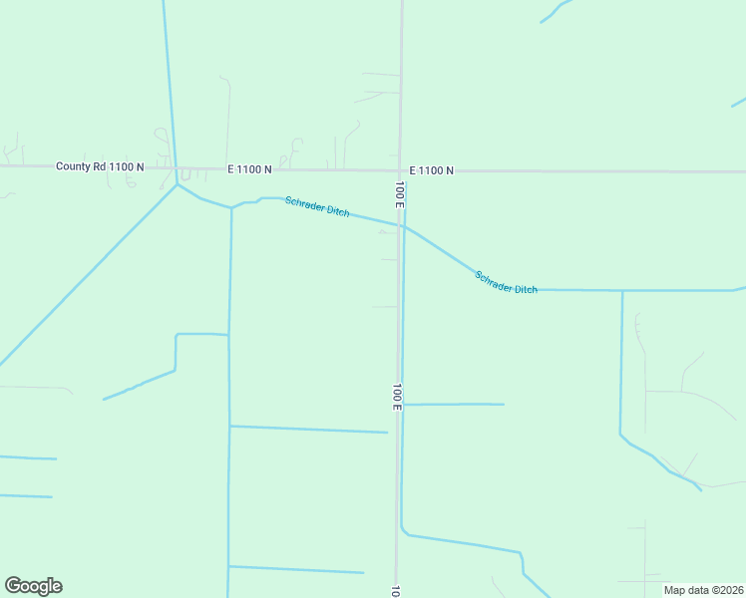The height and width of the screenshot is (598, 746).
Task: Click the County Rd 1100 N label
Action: (100, 166)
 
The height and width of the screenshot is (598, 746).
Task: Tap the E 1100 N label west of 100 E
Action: (249, 169)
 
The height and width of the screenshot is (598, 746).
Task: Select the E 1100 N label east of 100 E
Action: (431, 170)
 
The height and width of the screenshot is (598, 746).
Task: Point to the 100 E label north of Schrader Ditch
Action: (399, 193)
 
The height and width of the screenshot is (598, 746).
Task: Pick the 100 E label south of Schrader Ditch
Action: (397, 397)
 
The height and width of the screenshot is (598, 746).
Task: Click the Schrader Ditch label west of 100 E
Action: (317, 207)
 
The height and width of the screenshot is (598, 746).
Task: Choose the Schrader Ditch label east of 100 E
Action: (506, 282)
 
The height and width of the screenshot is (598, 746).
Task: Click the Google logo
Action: (33, 586)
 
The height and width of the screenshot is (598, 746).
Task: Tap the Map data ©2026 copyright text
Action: (703, 590)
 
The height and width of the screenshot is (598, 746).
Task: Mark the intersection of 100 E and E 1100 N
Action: (401, 170)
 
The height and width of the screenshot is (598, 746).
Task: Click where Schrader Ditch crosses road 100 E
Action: (401, 225)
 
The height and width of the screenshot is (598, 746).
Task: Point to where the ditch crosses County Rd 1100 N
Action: (174, 167)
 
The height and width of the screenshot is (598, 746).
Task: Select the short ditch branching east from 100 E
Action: (454, 404)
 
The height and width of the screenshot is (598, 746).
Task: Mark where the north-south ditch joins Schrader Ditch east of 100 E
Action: (622, 290)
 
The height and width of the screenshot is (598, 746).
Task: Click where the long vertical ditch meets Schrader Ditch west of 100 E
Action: (231, 208)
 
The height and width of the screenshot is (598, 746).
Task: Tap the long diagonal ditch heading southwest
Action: (90, 274)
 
